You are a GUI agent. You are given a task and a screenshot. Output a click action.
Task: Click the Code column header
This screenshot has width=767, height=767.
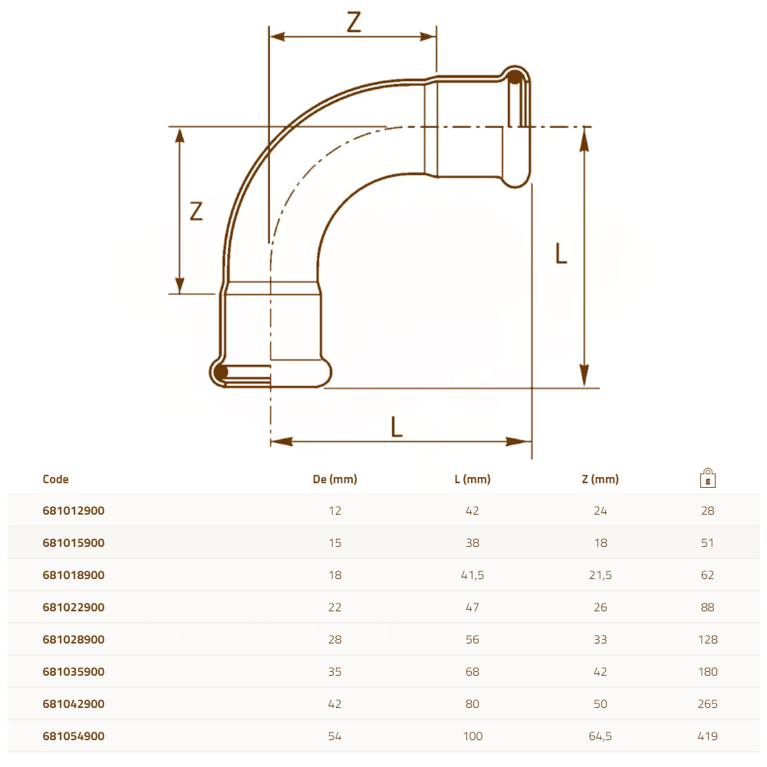(55, 479)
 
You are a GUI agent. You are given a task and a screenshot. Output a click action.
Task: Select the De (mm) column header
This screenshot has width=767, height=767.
(335, 479)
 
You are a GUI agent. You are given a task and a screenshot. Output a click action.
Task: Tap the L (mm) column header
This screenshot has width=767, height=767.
(472, 479)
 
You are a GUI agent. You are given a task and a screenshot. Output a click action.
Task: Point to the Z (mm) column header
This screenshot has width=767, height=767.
(601, 479)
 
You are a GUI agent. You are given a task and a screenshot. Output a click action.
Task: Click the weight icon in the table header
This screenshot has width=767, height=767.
(708, 478)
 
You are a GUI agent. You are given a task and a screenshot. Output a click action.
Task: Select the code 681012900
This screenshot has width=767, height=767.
(74, 511)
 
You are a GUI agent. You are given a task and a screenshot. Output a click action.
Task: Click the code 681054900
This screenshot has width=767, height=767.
(74, 736)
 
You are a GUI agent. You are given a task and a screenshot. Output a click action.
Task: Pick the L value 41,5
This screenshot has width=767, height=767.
(472, 575)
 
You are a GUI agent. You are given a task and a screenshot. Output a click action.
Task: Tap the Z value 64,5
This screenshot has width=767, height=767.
(601, 736)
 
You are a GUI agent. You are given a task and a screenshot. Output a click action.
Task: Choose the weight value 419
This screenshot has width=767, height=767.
(708, 736)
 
